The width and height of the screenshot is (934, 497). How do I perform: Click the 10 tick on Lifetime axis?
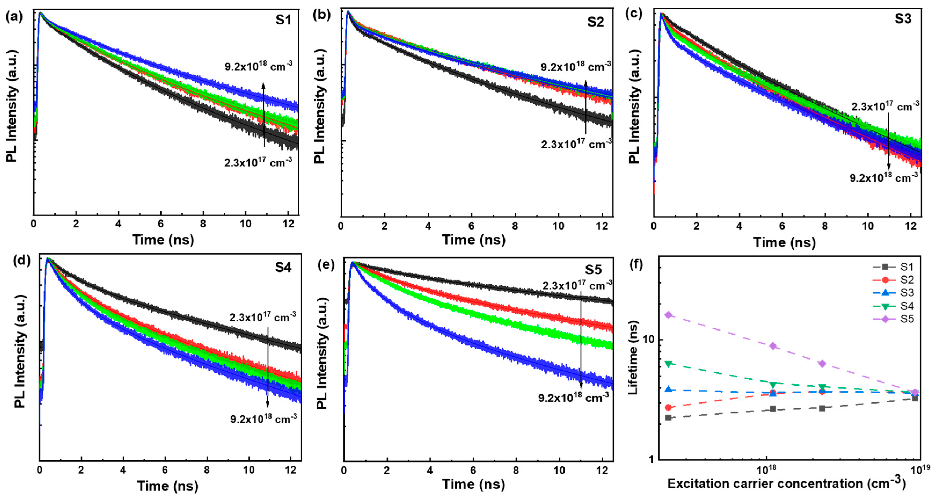646,340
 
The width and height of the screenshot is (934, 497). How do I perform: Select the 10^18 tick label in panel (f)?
766,469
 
